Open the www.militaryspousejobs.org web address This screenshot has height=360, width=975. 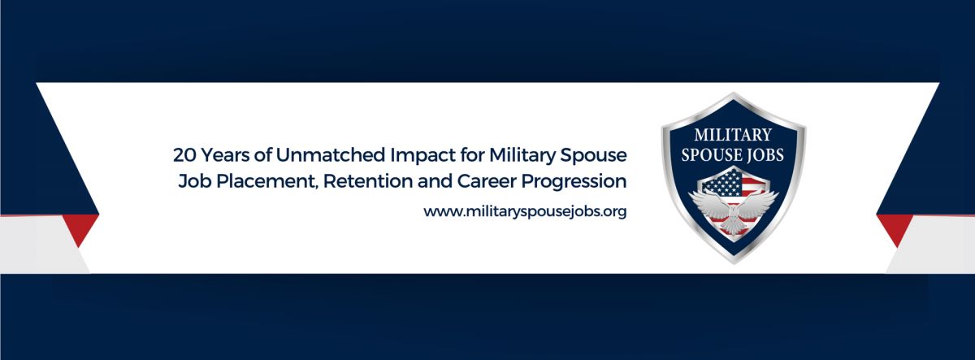pos(525,212)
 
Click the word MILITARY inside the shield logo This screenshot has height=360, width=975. pos(733,135)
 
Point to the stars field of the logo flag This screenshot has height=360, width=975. pos(721,183)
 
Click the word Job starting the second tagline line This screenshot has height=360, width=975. pos(194,181)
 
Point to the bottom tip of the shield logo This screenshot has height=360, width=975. pos(734,264)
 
